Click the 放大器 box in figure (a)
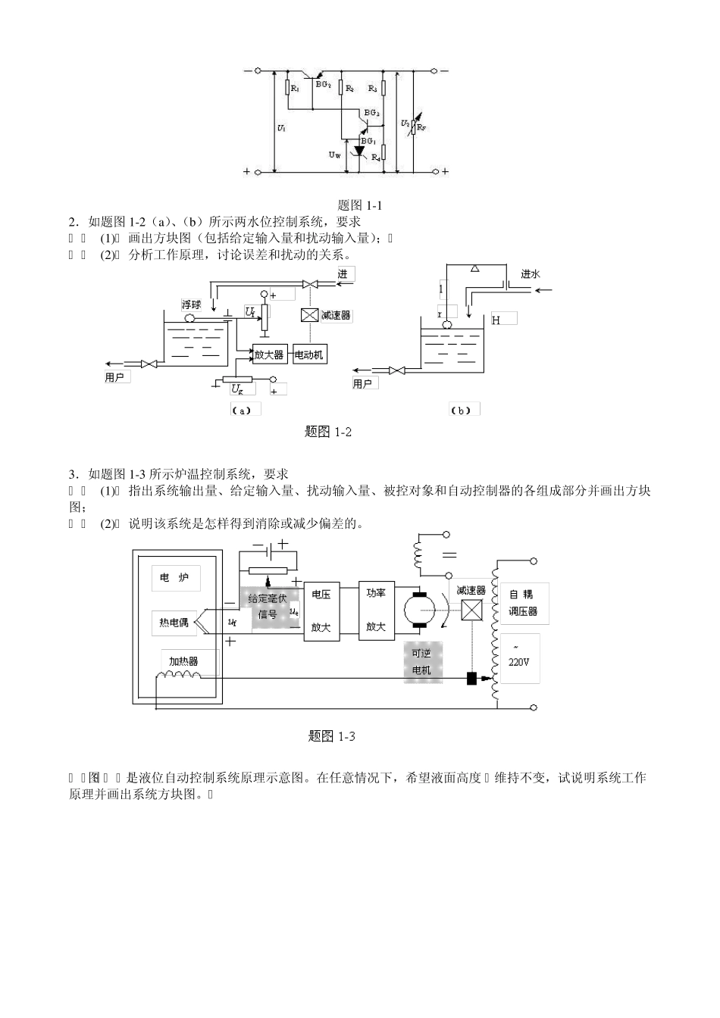pos(269,354)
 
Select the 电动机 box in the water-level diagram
pos(308,354)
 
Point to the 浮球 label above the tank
pos(191,304)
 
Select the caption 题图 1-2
pos(328,432)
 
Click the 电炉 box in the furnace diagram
pos(175,578)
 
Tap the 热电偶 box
pos(174,623)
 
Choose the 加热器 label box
pos(183,661)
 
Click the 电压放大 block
pos(321,611)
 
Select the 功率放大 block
pos(376,610)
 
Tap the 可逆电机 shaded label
pos(422,661)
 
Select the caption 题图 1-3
pos(332,735)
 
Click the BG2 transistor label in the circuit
pos(324,86)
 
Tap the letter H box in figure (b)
pos(503,320)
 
